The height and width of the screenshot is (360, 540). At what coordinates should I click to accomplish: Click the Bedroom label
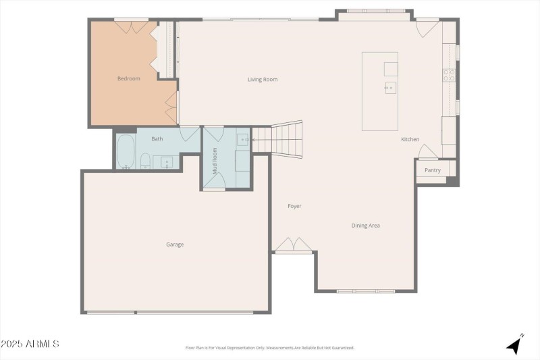pyautogui.click(x=129, y=79)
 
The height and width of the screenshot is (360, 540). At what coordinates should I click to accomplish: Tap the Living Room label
pyautogui.click(x=263, y=80)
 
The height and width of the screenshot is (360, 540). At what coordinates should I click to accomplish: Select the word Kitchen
pyautogui.click(x=410, y=139)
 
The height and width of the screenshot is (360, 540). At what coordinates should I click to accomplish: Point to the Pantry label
pyautogui.click(x=433, y=170)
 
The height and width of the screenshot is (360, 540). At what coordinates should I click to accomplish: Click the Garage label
pyautogui.click(x=175, y=245)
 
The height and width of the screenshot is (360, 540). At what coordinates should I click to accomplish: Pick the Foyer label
pyautogui.click(x=294, y=206)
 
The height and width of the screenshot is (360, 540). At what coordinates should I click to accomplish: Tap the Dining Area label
pyautogui.click(x=365, y=226)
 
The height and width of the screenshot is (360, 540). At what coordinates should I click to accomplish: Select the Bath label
pyautogui.click(x=157, y=139)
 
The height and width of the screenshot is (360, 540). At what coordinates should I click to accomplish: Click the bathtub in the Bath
pyautogui.click(x=126, y=152)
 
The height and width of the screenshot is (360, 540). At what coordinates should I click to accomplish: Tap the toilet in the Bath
pyautogui.click(x=145, y=161)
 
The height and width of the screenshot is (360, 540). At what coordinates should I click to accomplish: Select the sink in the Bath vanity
pyautogui.click(x=166, y=161)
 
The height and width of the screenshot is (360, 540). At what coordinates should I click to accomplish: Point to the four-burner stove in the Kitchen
pyautogui.click(x=449, y=75)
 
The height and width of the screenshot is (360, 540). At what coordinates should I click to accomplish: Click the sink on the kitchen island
pyautogui.click(x=390, y=88)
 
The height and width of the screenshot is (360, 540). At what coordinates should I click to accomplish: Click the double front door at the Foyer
pyautogui.click(x=294, y=245)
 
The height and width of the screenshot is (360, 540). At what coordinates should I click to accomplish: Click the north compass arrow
pyautogui.click(x=515, y=344)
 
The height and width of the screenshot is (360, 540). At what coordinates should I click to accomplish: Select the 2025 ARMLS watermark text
pyautogui.click(x=30, y=344)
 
